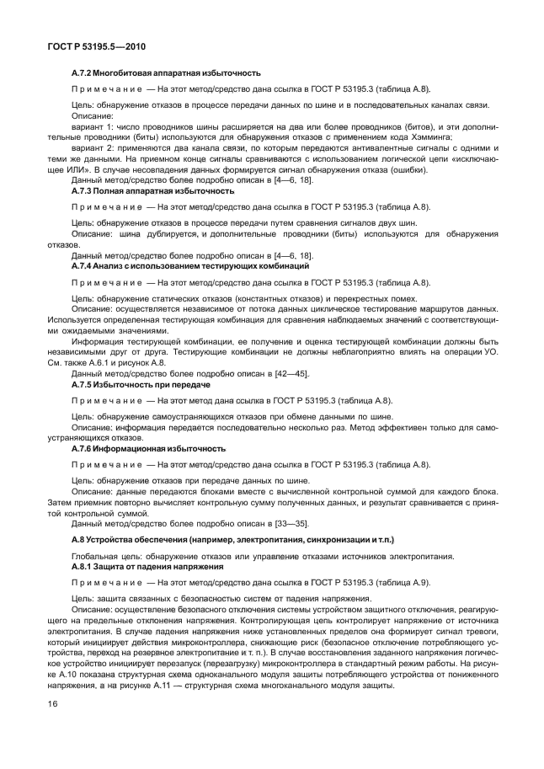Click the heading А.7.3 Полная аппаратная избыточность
coord(152,191)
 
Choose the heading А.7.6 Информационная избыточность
coord(148,449)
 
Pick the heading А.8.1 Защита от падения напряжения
coord(147,567)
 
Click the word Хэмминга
coord(429,137)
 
